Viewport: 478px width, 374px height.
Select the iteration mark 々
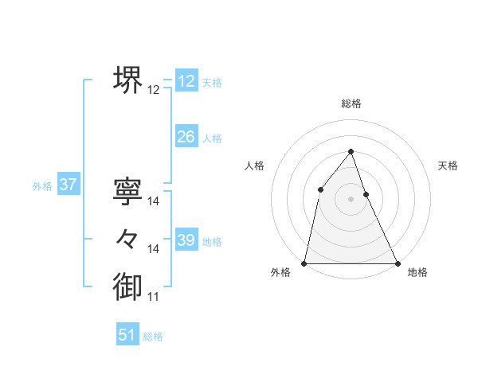point(127,238)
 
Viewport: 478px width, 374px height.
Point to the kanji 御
point(127,286)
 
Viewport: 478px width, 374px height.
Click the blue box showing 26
point(186,137)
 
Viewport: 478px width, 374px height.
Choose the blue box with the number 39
point(186,240)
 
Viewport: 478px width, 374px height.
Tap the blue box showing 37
point(68,185)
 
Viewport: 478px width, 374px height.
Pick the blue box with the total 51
point(127,335)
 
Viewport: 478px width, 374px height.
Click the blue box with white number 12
point(186,81)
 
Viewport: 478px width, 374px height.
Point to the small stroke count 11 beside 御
point(154,297)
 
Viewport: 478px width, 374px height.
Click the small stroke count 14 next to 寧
point(154,202)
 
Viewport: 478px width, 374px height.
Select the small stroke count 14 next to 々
point(154,249)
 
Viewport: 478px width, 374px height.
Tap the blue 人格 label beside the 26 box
point(212,138)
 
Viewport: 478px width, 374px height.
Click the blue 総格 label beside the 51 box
point(153,337)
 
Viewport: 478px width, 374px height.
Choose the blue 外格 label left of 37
point(42,186)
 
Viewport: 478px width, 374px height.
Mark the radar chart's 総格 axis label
point(351,103)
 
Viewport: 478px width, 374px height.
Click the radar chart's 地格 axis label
point(417,272)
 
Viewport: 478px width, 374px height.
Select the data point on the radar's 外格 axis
point(304,263)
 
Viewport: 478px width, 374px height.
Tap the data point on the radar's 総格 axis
point(351,151)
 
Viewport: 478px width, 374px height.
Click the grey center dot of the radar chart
point(351,198)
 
